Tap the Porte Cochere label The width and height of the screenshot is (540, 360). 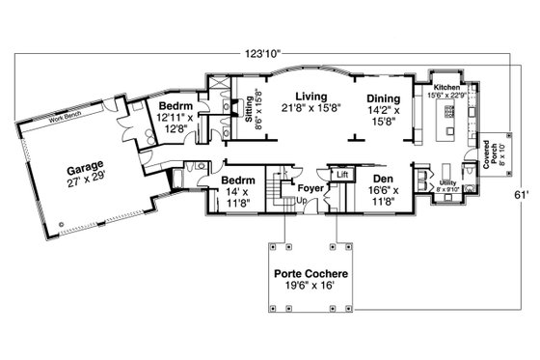[x=310, y=274]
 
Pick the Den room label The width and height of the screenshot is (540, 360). [x=377, y=179]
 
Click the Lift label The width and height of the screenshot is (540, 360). [x=342, y=175]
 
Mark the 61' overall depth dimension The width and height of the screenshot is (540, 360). [x=521, y=194]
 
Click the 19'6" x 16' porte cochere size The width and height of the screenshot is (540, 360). [x=310, y=287]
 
